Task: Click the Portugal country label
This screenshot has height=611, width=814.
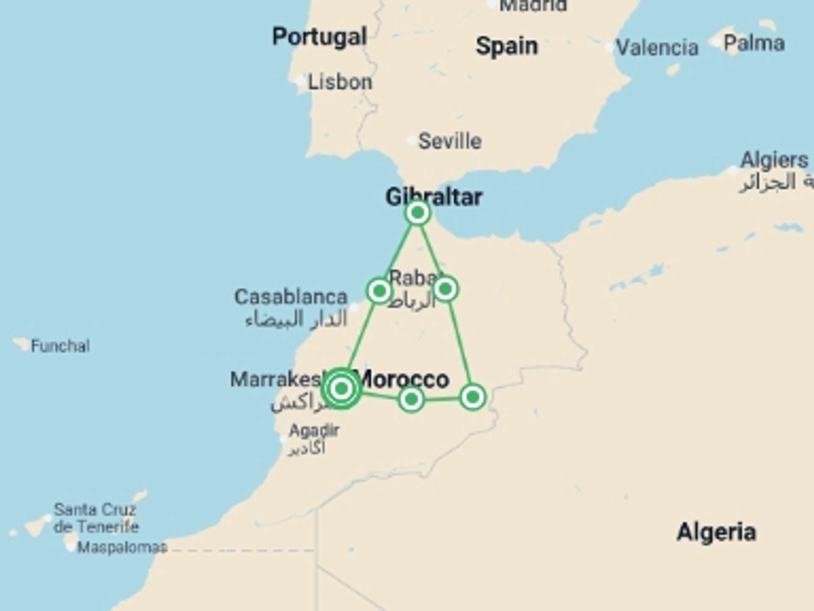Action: [x=320, y=37]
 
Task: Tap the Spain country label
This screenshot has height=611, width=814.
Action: [x=507, y=46]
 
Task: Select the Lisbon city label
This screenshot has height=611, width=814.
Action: [x=340, y=81]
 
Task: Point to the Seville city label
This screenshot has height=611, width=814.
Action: [x=450, y=141]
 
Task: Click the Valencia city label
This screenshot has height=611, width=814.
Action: [x=657, y=47]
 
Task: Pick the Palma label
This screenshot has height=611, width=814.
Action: [x=754, y=43]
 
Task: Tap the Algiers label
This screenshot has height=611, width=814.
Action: [x=774, y=160]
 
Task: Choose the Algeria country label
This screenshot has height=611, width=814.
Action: [x=716, y=532]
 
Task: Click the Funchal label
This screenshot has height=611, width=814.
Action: [x=60, y=346]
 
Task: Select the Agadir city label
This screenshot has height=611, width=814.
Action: [x=314, y=431]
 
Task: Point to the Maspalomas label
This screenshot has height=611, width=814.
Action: [x=122, y=547]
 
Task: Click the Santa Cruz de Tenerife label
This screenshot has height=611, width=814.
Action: [x=96, y=518]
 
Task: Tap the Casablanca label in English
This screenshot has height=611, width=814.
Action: [x=291, y=297]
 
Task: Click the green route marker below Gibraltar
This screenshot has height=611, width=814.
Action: [x=418, y=213]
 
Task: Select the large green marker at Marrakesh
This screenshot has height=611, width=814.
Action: [x=341, y=388]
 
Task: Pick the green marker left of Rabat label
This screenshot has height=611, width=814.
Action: [x=379, y=291]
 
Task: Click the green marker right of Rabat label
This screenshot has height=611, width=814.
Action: [x=445, y=289]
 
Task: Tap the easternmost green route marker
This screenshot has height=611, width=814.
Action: [x=472, y=398]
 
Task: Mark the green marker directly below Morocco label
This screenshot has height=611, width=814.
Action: [x=411, y=399]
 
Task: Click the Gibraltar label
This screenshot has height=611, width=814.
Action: [x=434, y=196]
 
